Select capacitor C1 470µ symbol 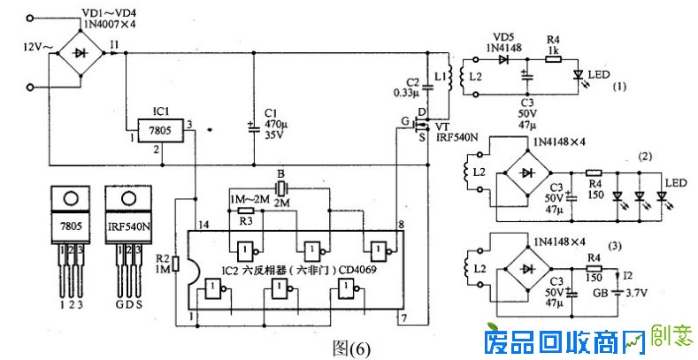pyautogui.click(x=254, y=125)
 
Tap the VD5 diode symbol pyautogui.click(x=504, y=60)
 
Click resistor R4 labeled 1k pyautogui.click(x=553, y=60)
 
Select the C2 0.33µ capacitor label pyautogui.click(x=403, y=87)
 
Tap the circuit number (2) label pyautogui.click(x=645, y=156)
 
